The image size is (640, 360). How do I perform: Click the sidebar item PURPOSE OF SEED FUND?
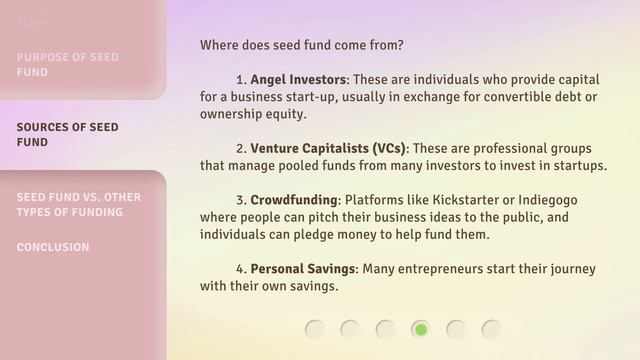(x=67, y=64)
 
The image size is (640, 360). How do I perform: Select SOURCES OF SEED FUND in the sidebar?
(x=67, y=134)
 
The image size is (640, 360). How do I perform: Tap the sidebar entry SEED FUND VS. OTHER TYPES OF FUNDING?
(x=78, y=204)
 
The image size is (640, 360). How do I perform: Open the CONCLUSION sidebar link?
(x=53, y=247)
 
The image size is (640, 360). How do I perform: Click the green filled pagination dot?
(x=421, y=329)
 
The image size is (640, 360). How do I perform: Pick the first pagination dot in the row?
(x=315, y=329)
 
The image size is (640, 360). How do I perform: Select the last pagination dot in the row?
(x=491, y=329)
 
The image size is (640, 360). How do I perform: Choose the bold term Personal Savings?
(x=303, y=269)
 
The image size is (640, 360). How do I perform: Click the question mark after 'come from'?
(x=400, y=45)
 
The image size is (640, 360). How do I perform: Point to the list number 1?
(x=240, y=79)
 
